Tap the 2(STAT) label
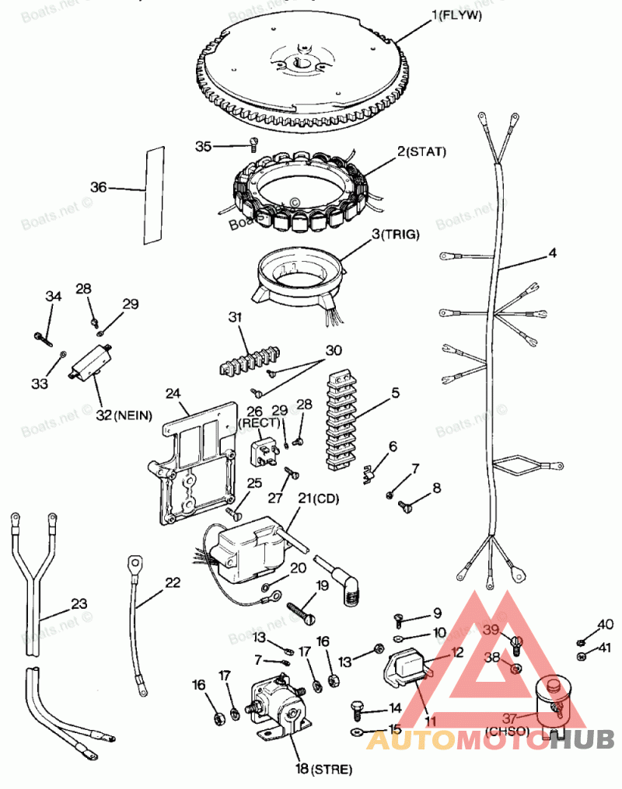tap(421, 151)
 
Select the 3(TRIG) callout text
tap(398, 233)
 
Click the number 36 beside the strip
tap(99, 187)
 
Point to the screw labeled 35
tap(253, 141)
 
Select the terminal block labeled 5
tap(341, 424)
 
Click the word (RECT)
tap(254, 422)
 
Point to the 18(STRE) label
tap(323, 770)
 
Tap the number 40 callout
tap(605, 624)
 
